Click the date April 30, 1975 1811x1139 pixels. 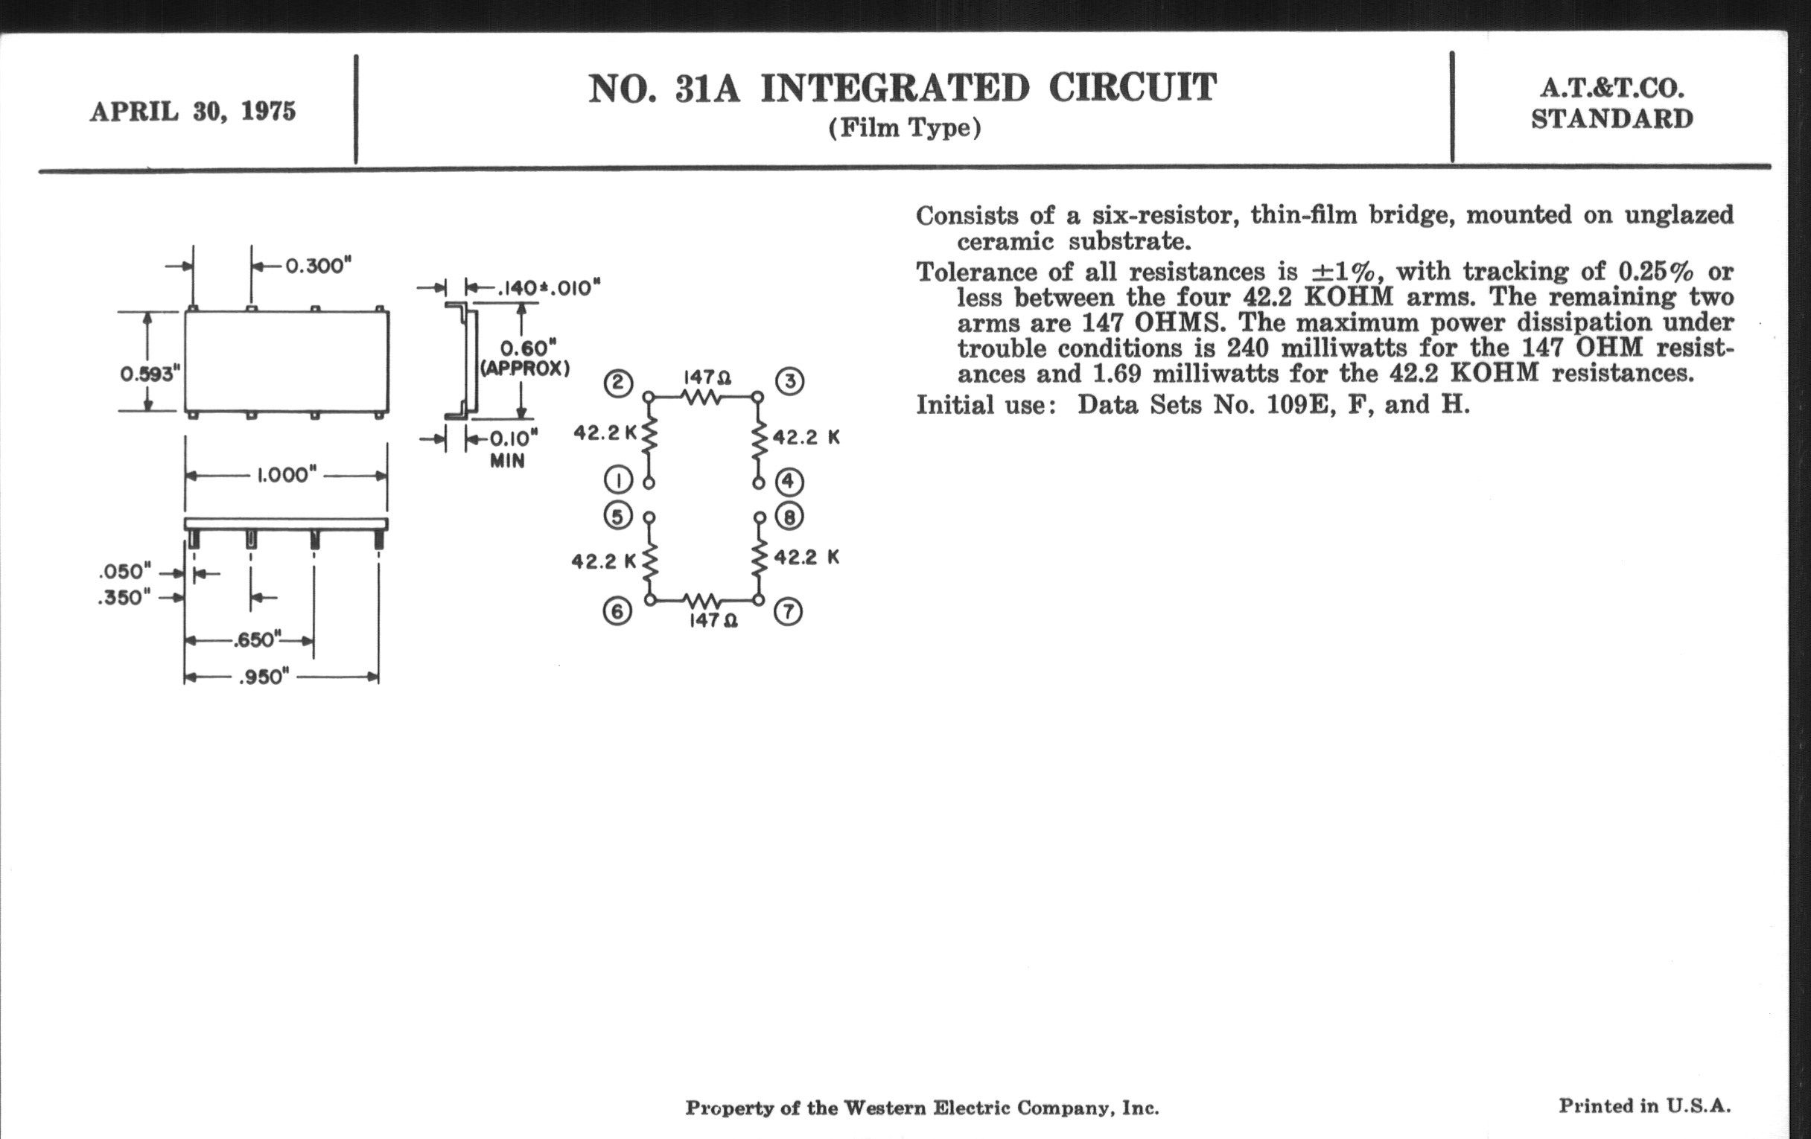(194, 112)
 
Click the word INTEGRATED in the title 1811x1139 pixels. (894, 89)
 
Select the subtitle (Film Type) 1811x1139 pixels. (905, 129)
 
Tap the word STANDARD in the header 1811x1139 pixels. (1611, 120)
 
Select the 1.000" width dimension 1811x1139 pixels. (286, 475)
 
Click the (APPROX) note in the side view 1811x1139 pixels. (526, 369)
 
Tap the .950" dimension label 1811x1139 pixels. (264, 677)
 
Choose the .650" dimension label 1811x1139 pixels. (256, 640)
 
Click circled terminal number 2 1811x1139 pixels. (618, 383)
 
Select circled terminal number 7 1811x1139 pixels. (788, 612)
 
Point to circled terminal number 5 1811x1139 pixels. (618, 517)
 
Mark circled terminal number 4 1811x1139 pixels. (789, 481)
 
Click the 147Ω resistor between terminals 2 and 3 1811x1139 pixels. (704, 396)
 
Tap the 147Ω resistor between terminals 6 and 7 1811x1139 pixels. (703, 600)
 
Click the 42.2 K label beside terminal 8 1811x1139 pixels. (806, 557)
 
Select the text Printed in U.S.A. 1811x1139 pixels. (1644, 1105)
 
